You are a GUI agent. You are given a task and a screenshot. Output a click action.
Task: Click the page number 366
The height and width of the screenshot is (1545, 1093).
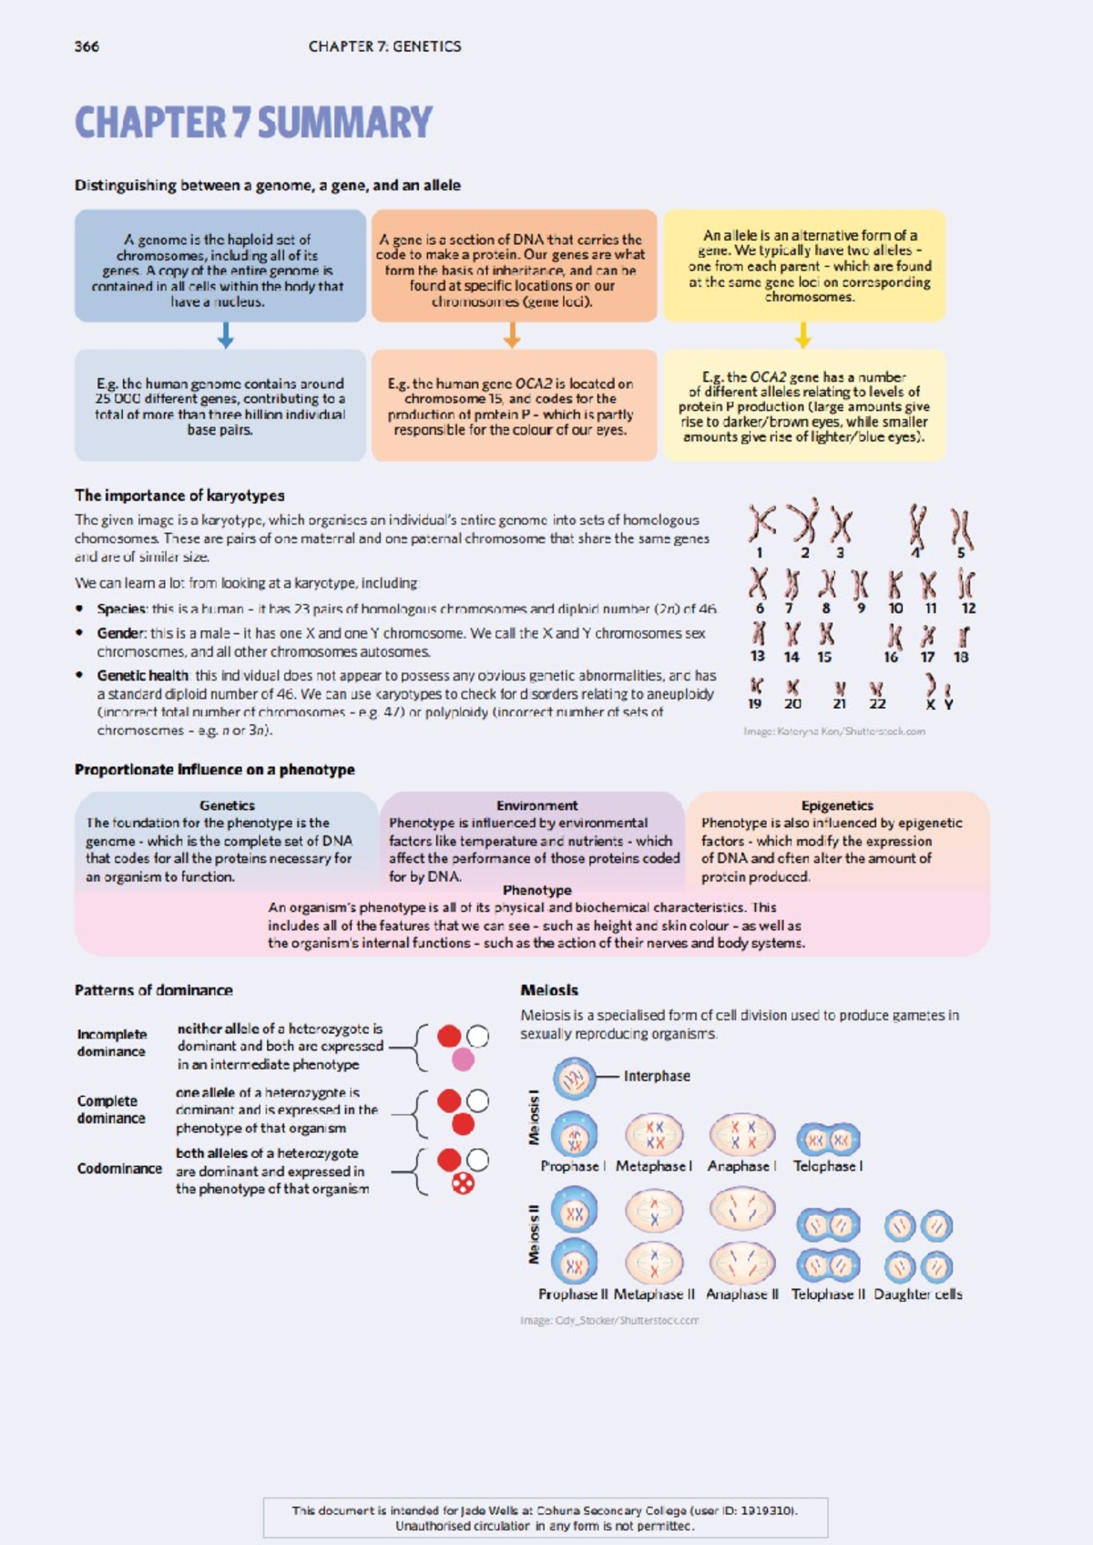pos(87,46)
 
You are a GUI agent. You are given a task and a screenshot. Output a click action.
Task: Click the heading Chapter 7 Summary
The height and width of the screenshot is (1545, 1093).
pos(253,123)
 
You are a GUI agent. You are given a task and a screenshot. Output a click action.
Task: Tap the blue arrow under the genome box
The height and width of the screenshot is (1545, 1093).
pos(225,336)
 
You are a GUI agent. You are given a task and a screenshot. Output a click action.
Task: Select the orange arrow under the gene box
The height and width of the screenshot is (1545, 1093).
pos(512,336)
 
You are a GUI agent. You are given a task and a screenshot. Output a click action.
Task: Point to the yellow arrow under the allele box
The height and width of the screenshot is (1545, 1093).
pos(802,336)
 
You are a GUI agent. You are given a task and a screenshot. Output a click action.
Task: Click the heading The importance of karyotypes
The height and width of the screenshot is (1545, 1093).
pos(179,496)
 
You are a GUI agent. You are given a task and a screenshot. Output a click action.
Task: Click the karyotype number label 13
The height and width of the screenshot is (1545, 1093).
pos(758,656)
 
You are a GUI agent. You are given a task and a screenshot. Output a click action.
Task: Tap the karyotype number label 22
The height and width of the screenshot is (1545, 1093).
pos(877,703)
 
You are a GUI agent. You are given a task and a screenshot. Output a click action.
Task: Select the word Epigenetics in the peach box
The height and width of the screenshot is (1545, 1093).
pos(837,805)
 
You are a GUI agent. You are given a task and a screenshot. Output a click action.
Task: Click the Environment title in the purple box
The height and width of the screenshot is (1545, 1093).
pos(536,805)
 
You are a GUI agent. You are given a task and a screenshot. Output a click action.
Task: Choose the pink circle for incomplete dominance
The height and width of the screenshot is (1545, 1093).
pos(463,1059)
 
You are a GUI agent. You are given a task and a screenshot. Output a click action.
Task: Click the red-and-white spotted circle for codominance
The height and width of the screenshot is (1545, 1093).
pos(463,1183)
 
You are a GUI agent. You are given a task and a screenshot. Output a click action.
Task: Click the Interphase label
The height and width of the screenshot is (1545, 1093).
pos(657,1076)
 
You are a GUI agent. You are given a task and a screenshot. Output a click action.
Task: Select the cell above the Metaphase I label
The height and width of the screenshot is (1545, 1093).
pos(654,1135)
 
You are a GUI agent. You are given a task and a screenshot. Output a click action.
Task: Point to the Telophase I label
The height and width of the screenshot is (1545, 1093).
pos(828,1166)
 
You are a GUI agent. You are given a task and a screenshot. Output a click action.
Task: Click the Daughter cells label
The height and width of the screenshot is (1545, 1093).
pos(917,1294)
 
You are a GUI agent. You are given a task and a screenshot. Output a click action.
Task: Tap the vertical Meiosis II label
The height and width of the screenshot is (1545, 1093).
pos(534,1234)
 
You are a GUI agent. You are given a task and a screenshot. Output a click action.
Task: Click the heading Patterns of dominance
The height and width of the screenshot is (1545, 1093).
pos(153,990)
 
